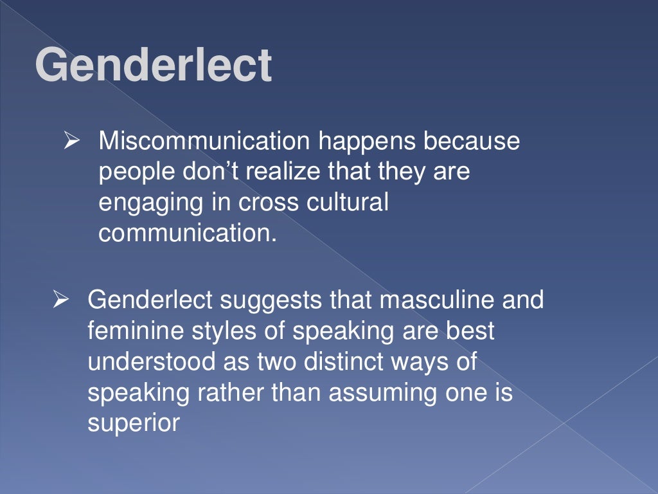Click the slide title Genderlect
154,66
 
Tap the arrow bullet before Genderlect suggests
61,300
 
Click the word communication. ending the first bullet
187,233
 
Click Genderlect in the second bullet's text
155,300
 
